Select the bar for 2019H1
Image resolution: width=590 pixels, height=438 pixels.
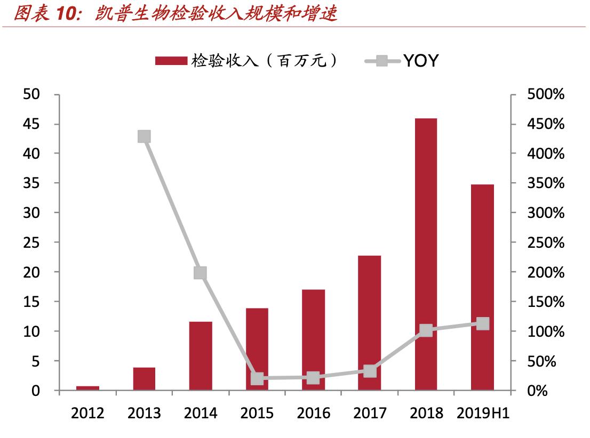point(482,287)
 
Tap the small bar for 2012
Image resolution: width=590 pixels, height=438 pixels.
point(87,388)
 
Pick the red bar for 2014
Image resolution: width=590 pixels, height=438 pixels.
point(201,355)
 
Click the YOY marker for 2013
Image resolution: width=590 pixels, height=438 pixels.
point(143,136)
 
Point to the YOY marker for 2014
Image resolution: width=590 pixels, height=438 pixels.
point(200,273)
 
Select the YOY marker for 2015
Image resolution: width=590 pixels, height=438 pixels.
point(257,379)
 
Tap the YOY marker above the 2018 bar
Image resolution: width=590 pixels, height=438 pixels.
point(426,330)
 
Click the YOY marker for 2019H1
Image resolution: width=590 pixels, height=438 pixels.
point(482,323)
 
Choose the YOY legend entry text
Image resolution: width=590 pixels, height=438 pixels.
point(420,61)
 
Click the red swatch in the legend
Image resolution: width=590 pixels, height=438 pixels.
point(171,61)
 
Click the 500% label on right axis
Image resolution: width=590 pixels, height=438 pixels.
point(545,94)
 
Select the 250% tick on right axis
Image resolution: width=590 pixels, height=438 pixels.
point(545,242)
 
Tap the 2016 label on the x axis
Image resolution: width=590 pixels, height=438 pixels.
point(313,413)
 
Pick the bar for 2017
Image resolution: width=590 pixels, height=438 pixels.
point(369,323)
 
